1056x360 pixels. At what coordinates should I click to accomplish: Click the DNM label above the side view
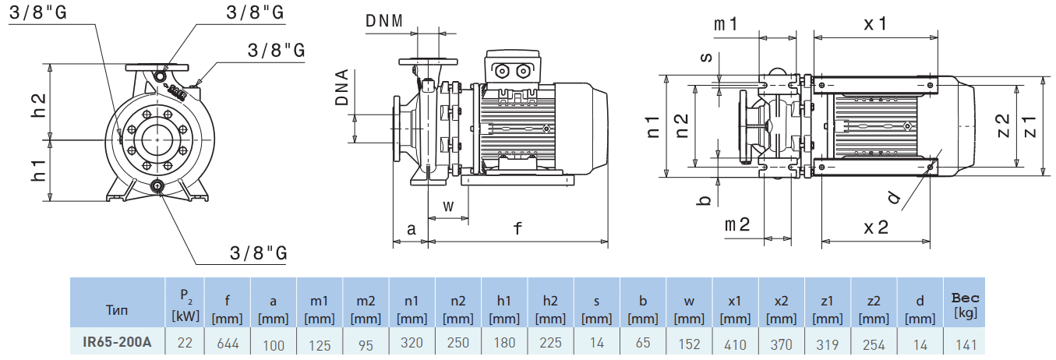coord(384,20)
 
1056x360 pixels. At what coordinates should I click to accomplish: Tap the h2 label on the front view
coord(38,106)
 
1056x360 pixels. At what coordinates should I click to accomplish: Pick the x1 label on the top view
coord(875,23)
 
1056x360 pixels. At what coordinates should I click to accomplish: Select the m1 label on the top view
coord(726,24)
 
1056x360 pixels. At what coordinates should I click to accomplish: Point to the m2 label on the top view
coord(736,225)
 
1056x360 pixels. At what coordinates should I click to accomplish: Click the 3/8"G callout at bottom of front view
coord(259,253)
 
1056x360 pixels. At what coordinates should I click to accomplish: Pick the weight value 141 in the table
coord(966,343)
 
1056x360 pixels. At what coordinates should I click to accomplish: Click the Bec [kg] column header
coord(966,305)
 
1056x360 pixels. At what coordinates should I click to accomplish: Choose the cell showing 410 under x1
coord(735,343)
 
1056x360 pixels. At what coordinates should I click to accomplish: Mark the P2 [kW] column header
coord(185,305)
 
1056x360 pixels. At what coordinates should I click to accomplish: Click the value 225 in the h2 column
coord(550,343)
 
